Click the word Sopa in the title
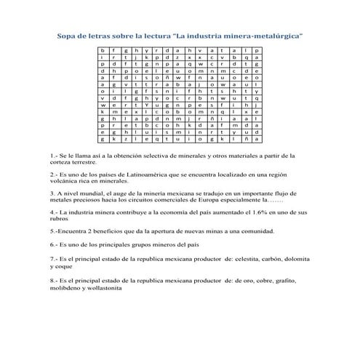coord(68,35)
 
